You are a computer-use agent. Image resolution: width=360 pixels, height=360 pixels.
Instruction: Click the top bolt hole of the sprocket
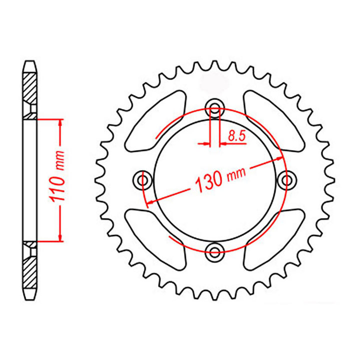[215, 106]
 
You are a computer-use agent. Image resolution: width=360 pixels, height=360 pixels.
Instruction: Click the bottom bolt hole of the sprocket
[215, 251]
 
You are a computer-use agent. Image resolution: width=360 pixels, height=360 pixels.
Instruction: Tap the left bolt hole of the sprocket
[143, 179]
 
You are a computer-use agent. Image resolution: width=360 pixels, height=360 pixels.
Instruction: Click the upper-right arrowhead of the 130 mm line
[280, 159]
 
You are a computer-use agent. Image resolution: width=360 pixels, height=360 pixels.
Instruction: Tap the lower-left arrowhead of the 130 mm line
[148, 202]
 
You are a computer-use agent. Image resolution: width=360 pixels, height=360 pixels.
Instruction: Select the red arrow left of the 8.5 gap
[205, 144]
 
